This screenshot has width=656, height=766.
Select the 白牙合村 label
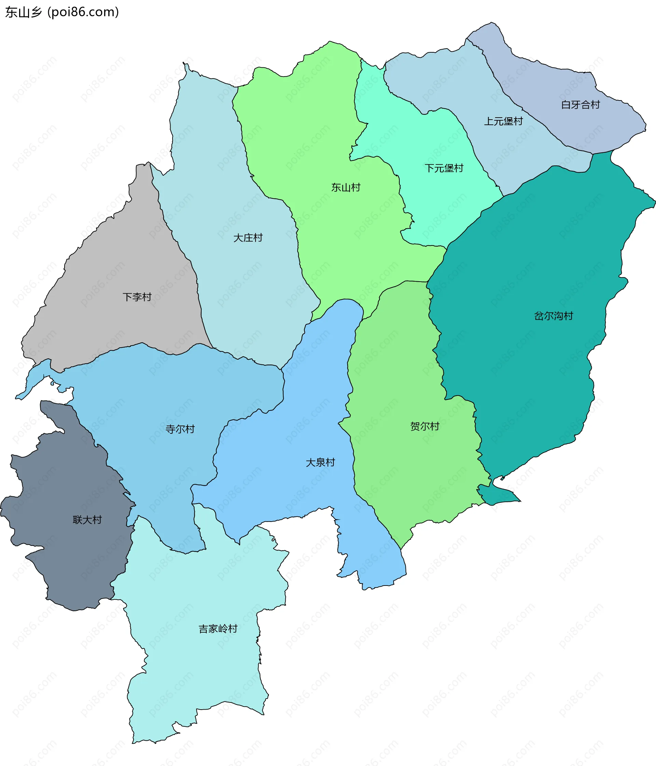click(580, 105)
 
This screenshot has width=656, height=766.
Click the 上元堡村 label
click(503, 121)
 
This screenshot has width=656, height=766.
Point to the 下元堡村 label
click(443, 168)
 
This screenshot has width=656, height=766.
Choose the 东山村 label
click(345, 187)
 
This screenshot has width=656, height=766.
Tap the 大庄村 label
click(248, 238)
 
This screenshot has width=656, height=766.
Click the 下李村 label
click(137, 297)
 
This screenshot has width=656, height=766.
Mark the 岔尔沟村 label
click(553, 316)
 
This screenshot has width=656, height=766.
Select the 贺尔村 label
click(425, 426)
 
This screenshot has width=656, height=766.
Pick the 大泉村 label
click(320, 462)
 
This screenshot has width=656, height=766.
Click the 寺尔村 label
click(180, 429)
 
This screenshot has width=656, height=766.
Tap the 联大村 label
click(87, 520)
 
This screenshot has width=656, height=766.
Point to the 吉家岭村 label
click(218, 629)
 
